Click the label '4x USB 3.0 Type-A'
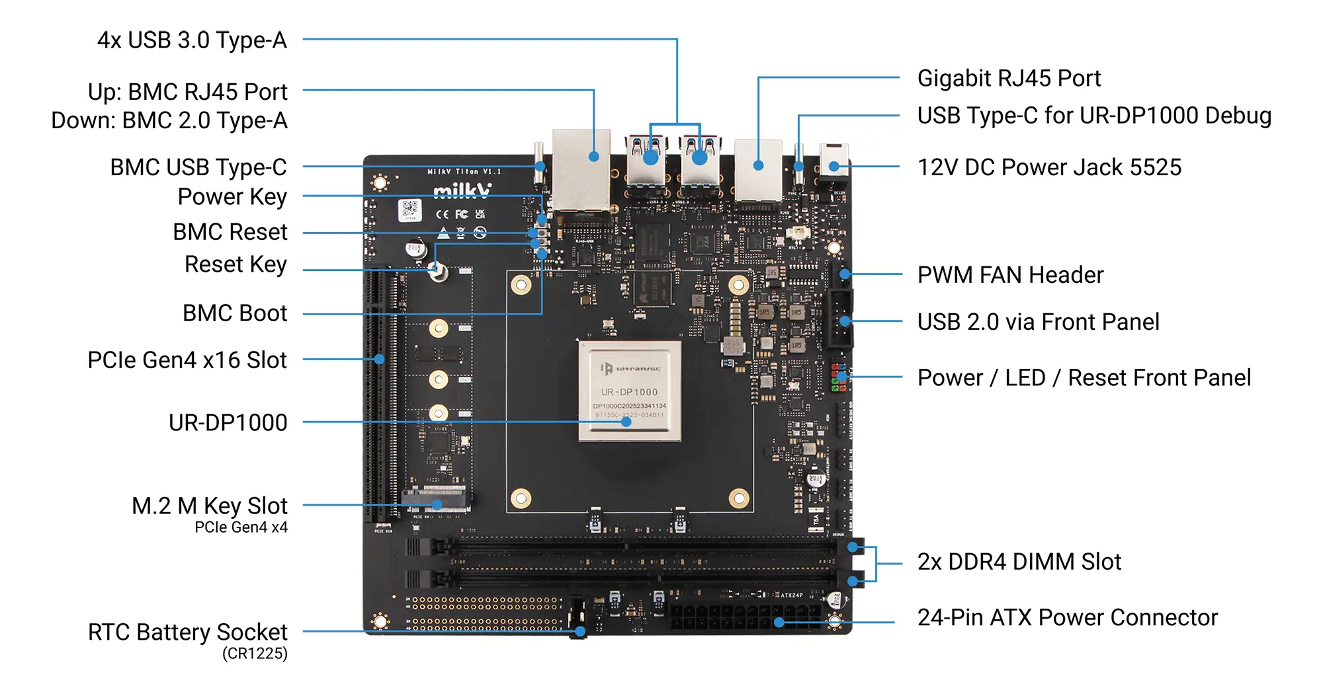(x=192, y=40)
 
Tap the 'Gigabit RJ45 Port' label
(x=1009, y=79)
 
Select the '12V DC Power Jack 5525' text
(x=1049, y=167)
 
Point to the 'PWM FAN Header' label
(x=1010, y=275)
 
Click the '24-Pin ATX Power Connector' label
(x=1067, y=617)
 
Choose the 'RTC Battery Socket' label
(x=188, y=632)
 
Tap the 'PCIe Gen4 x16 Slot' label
(x=187, y=360)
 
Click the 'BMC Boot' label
(x=235, y=313)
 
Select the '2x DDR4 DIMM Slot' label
(x=1019, y=562)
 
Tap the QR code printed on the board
(x=410, y=210)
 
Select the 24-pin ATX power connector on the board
(x=747, y=617)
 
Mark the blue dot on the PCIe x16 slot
(x=379, y=359)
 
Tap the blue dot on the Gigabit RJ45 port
(x=758, y=165)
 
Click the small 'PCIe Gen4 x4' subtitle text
(x=241, y=527)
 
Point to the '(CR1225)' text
(x=255, y=654)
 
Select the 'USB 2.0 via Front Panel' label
(x=1038, y=322)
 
